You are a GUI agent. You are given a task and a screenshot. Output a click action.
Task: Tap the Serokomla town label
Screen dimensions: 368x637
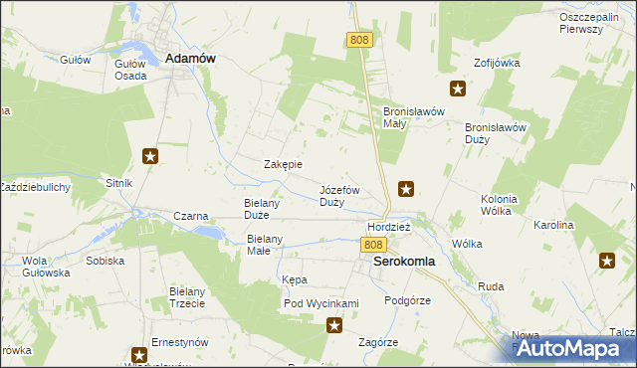(x=403, y=262)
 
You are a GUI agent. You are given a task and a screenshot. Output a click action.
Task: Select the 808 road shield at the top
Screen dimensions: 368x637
(x=360, y=39)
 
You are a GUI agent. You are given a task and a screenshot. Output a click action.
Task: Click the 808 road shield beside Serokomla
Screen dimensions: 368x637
(x=373, y=245)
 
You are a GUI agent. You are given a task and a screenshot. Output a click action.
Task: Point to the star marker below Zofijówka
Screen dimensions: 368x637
(x=458, y=90)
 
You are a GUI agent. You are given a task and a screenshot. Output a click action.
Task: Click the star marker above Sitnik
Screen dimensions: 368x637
(x=150, y=155)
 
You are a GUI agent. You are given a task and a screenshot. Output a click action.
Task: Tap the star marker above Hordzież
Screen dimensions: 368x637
(x=406, y=187)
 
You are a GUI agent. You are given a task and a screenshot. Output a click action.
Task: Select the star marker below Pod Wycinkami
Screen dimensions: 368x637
(x=334, y=324)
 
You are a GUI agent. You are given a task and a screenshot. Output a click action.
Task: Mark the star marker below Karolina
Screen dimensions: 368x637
(x=607, y=261)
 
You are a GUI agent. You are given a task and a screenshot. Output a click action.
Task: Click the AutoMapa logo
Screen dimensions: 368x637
(x=572, y=348)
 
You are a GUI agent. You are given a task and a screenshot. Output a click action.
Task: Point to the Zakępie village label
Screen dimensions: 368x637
(x=283, y=165)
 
